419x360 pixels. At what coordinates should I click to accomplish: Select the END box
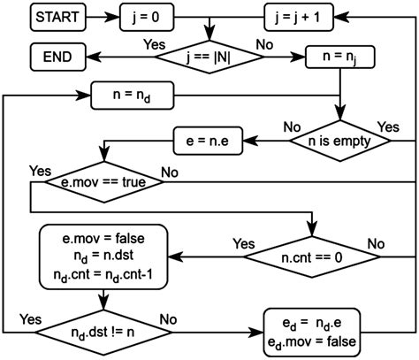point(56,58)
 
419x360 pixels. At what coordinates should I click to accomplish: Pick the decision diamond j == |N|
point(209,58)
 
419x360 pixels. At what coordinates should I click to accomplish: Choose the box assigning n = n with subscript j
point(340,58)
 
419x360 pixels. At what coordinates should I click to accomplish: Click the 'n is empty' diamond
point(340,138)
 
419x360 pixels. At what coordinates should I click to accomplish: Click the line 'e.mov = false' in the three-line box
point(103,238)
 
